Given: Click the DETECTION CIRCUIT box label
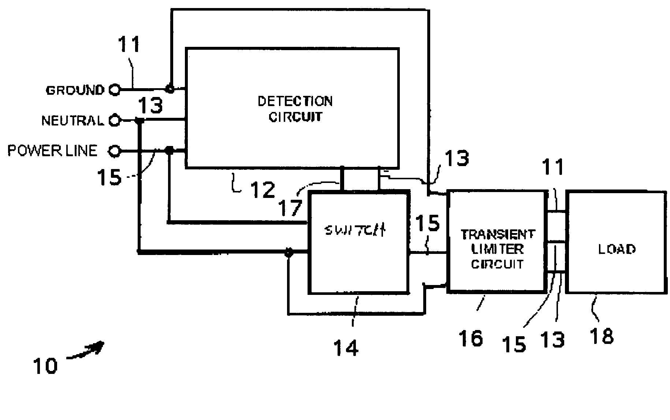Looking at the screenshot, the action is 295,109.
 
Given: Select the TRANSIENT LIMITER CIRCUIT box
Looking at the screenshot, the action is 497,241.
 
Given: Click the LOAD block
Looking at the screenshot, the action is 616,242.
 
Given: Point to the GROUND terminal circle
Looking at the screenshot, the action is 115,90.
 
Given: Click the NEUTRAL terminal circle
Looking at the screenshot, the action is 115,120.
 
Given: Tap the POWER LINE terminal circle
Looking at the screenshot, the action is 115,150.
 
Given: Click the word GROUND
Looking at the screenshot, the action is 75,90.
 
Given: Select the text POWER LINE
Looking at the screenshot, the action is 53,150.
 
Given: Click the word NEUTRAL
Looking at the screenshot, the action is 72,120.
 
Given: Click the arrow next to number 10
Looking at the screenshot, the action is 86,350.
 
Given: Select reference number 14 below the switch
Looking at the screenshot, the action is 346,347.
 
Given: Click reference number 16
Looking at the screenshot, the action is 471,338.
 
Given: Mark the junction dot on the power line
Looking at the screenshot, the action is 169,150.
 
